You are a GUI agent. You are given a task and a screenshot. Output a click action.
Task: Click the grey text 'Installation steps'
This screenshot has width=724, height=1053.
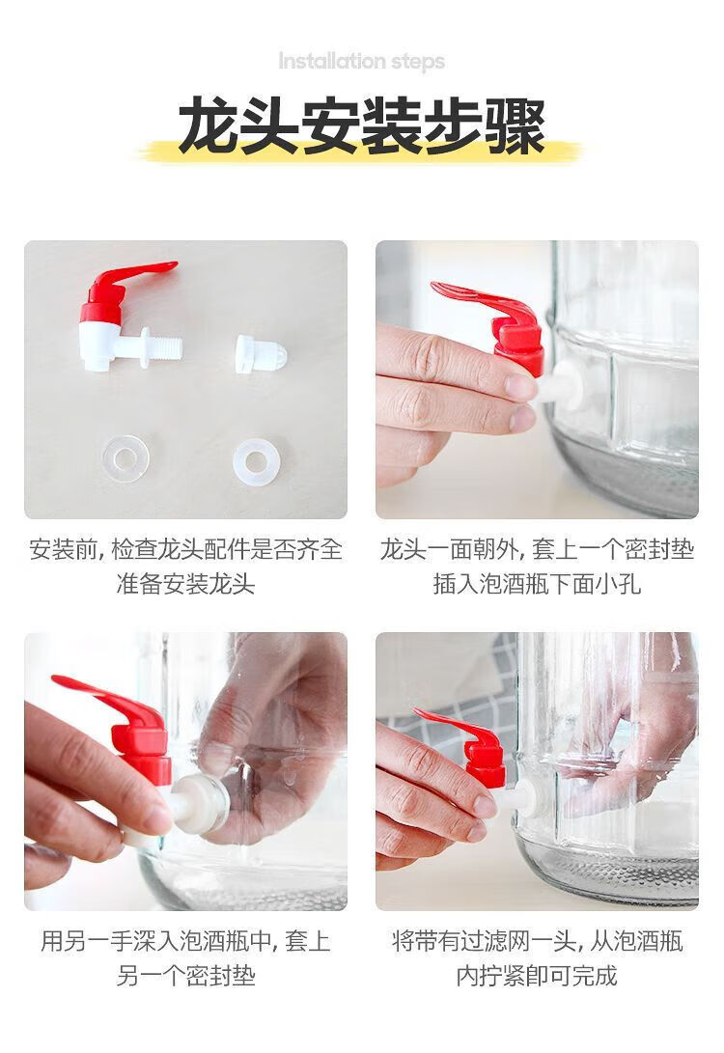pyautogui.click(x=361, y=62)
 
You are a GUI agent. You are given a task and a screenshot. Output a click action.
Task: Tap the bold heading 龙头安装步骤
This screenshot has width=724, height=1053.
pyautogui.click(x=362, y=127)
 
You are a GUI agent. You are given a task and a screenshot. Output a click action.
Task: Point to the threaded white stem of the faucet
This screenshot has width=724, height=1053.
pyautogui.click(x=162, y=346)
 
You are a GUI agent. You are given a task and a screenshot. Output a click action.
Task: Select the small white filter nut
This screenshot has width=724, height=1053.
pyautogui.click(x=262, y=353)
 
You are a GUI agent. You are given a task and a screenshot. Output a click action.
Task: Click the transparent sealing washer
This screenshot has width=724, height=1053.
pyautogui.click(x=125, y=458)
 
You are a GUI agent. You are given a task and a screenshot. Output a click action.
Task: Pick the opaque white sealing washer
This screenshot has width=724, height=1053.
pyautogui.click(x=257, y=461)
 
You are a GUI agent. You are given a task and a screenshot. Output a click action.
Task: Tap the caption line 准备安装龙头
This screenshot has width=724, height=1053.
pyautogui.click(x=186, y=583)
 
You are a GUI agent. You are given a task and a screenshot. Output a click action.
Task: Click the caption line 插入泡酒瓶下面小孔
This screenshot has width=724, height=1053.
pyautogui.click(x=537, y=583)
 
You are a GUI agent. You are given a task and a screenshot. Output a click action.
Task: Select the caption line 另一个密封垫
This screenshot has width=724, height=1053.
pyautogui.click(x=186, y=975)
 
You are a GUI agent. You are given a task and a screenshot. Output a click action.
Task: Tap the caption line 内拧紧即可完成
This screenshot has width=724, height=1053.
pyautogui.click(x=537, y=975)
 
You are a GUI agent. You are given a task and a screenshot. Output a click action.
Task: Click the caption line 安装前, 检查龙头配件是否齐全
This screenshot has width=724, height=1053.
pyautogui.click(x=186, y=549)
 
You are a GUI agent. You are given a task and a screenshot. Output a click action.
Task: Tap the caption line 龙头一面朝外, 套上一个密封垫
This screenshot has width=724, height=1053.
pyautogui.click(x=537, y=549)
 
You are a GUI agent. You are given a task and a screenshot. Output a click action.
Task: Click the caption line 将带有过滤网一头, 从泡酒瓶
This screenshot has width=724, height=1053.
pyautogui.click(x=537, y=941)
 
